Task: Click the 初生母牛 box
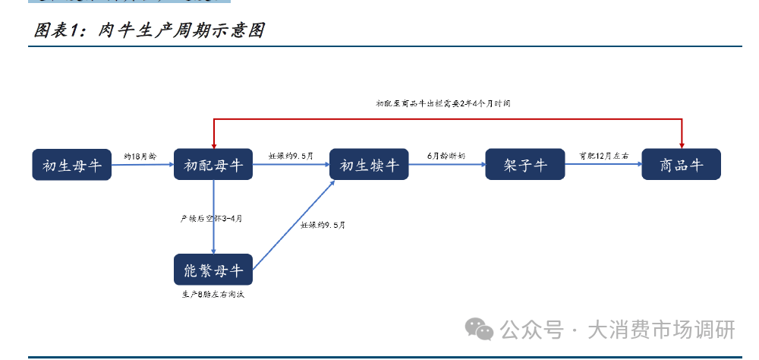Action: tap(72, 165)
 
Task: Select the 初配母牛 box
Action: tap(213, 165)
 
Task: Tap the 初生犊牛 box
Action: tap(369, 165)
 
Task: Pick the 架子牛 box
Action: tap(524, 165)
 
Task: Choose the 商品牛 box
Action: tap(681, 165)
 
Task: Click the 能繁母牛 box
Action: tap(213, 270)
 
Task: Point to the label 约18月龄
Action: tap(141, 156)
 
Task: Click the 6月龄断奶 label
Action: tap(446, 156)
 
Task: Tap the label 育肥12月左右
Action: tap(603, 156)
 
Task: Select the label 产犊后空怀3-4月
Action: tap(210, 219)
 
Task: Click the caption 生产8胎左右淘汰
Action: tap(213, 295)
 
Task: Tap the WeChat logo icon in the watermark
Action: tap(480, 329)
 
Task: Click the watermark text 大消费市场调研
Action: tap(661, 330)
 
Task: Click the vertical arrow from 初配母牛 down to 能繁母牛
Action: tap(213, 228)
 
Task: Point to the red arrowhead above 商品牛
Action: tap(682, 144)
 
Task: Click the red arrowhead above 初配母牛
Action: tap(214, 144)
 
